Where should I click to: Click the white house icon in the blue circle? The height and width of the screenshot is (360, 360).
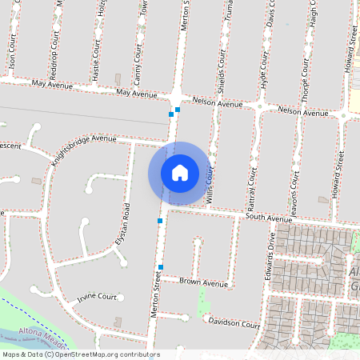pos(180,173)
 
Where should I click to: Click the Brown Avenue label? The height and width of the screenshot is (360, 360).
pos(203,282)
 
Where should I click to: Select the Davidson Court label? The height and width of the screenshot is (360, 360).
pos(234,323)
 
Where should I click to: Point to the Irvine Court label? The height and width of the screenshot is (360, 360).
pos(97,298)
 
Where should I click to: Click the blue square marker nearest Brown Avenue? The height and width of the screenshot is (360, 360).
pos(161,267)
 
